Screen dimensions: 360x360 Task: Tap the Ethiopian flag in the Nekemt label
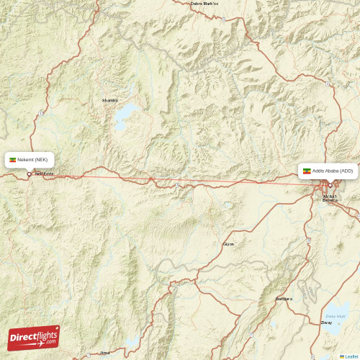point(12,159)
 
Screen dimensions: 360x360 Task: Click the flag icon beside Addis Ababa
point(307,171)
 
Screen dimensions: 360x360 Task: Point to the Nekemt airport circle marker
point(29,174)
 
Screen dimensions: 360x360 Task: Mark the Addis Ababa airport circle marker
point(330,185)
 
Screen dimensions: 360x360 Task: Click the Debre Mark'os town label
point(204,4)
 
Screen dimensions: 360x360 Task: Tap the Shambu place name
point(109,100)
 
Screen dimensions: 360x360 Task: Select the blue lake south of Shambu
point(128,113)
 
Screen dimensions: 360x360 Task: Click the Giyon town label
point(228,244)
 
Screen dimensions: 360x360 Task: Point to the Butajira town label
point(284,298)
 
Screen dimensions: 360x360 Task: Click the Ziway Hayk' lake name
point(336,315)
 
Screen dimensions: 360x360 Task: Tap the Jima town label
point(105,353)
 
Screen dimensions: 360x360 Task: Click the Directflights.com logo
point(34,337)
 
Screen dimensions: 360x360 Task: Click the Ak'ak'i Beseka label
point(330,198)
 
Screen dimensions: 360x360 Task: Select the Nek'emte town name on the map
point(45,174)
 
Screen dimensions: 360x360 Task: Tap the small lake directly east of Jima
point(132,342)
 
